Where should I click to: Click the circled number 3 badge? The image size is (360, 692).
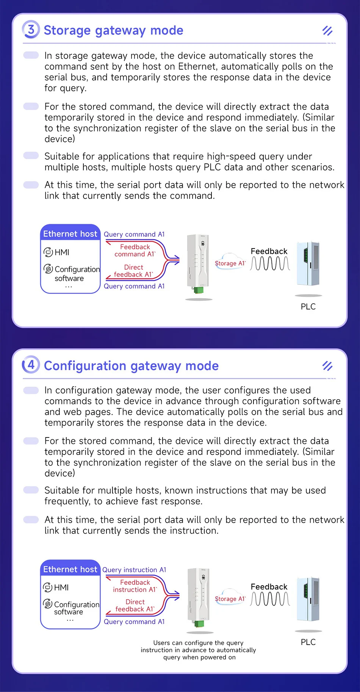(31, 30)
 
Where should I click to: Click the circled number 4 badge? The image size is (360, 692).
(31, 365)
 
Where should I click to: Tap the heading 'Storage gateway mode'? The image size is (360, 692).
(113, 30)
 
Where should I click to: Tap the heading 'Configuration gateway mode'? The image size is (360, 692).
(131, 366)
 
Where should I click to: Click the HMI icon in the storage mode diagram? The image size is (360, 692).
(48, 252)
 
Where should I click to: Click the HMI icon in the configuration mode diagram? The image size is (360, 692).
(48, 587)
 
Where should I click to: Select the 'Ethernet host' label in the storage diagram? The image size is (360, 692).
(70, 234)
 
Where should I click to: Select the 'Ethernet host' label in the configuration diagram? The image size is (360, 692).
(70, 569)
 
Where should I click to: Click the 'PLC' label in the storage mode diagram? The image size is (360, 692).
(308, 307)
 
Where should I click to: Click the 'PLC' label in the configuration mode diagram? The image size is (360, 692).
(308, 642)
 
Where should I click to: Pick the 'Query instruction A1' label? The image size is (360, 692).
(134, 570)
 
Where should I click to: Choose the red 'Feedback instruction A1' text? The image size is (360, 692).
(135, 586)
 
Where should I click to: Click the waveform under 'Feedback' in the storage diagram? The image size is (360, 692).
(270, 263)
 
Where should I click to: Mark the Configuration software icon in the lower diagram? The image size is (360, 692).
(48, 603)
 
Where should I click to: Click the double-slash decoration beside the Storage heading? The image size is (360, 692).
(327, 31)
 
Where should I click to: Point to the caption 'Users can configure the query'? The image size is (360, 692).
(198, 643)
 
